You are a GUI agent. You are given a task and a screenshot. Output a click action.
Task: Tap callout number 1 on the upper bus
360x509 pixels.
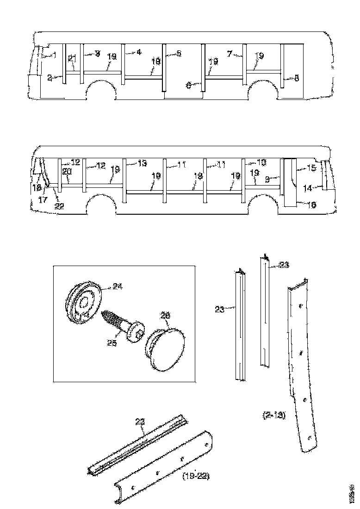[x=54, y=55]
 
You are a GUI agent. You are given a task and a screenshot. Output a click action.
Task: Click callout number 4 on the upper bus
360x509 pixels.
[x=139, y=53]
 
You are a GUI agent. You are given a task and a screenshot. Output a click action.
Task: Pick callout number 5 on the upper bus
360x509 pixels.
[x=179, y=53]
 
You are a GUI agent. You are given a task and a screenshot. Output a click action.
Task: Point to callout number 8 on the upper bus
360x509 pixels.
[x=297, y=78]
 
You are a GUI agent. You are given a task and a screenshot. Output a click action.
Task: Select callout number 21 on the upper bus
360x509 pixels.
[x=72, y=58]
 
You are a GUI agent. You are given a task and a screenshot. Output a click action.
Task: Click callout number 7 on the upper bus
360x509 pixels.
[x=229, y=53]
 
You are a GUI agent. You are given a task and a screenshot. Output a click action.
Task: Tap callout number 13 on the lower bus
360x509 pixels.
[x=142, y=163]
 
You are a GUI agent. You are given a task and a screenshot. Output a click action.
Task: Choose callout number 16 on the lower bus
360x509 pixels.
[x=312, y=205]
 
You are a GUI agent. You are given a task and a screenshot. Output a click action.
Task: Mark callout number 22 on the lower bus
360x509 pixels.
[x=59, y=206]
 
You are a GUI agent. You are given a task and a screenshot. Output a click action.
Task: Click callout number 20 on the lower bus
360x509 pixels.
[x=67, y=171]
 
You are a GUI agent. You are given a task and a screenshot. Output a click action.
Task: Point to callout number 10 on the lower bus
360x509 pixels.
[x=262, y=162]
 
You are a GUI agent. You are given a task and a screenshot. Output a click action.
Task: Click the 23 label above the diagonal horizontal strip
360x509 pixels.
[x=140, y=422]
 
